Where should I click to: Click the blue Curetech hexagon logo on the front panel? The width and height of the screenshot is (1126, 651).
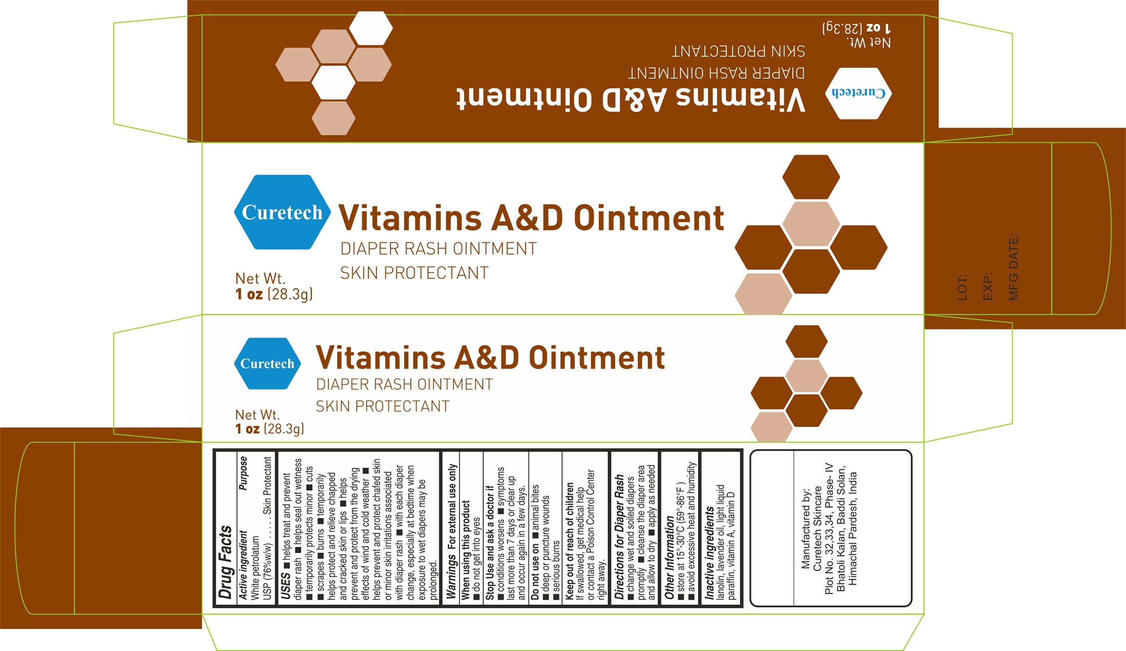click(282, 212)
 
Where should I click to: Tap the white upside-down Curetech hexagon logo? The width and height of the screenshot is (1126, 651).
click(858, 93)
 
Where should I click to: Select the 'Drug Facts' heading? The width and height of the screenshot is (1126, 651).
click(225, 562)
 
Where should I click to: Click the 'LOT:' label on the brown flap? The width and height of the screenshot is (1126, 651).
click(962, 287)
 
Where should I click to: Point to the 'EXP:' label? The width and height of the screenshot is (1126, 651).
click(987, 286)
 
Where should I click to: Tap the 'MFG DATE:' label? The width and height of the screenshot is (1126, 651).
click(1013, 267)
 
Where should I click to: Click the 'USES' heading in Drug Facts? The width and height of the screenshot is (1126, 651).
click(285, 586)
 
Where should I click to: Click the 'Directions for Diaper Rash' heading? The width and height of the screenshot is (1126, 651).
click(619, 536)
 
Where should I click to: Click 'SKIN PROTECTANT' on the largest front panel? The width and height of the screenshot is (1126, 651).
click(414, 273)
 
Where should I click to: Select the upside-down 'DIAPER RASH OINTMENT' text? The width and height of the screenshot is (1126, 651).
click(716, 73)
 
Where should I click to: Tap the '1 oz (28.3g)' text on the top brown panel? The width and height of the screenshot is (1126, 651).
click(856, 27)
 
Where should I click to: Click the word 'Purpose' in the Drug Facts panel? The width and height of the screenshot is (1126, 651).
click(243, 473)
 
